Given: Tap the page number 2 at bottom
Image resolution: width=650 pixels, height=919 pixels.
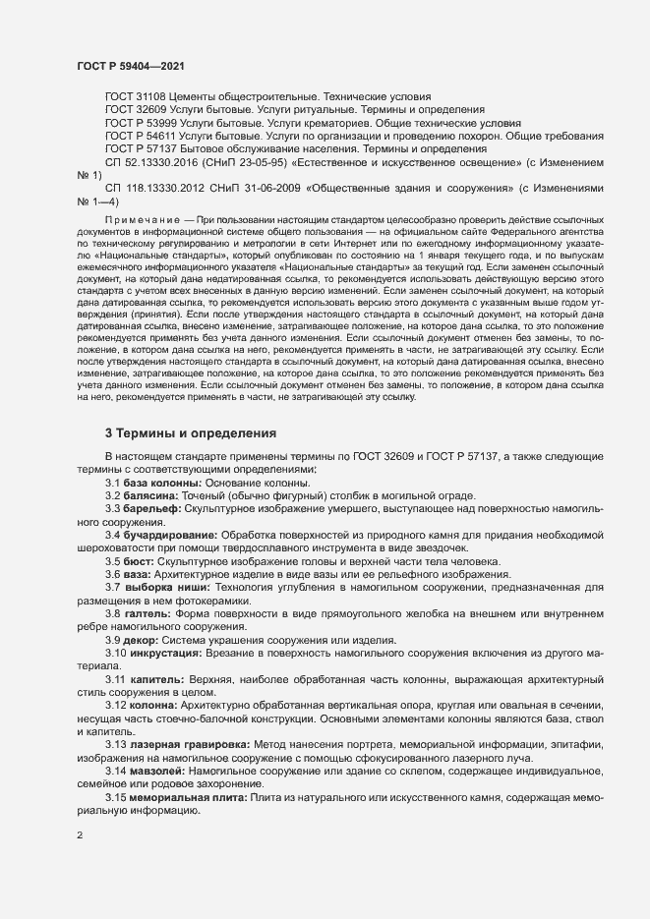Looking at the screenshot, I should click(80, 837).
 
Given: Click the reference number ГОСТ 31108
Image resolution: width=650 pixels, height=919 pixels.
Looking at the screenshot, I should click(136, 97).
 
